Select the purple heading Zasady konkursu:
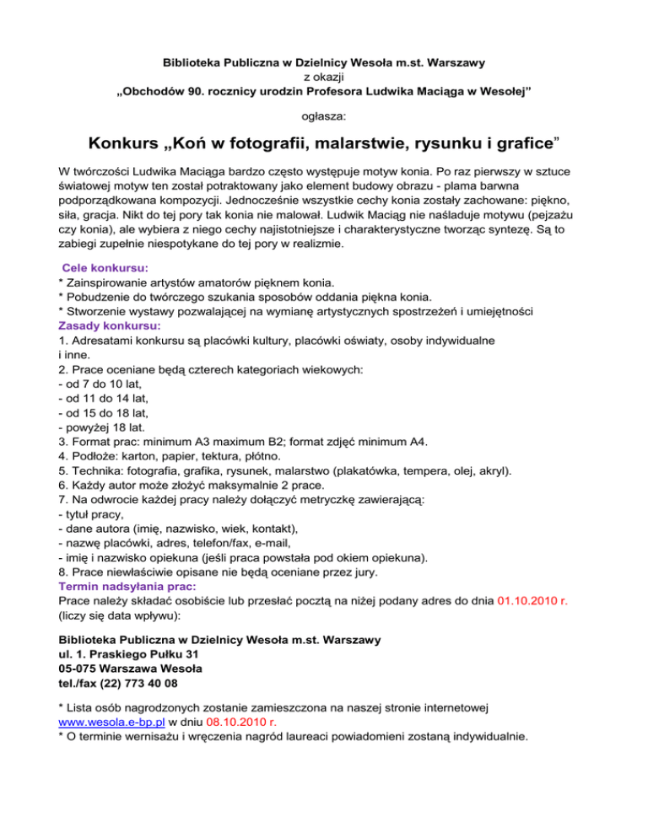tap(109, 325)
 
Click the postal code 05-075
tap(80, 669)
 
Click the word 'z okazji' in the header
tap(323, 77)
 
